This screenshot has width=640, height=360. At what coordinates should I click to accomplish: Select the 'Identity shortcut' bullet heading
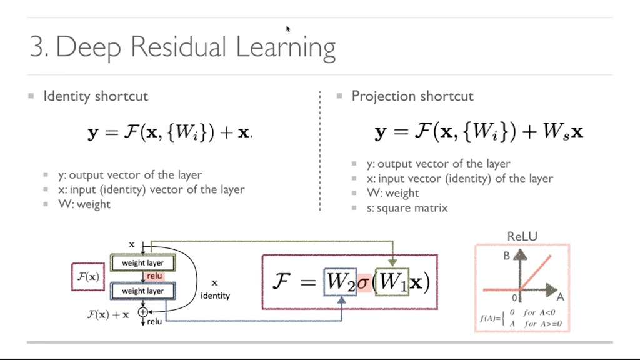point(95,96)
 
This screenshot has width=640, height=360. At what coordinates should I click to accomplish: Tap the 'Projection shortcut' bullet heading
point(412,96)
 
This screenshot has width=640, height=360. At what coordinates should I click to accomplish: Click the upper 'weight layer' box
point(142,263)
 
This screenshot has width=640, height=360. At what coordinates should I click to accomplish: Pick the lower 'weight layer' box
point(142,291)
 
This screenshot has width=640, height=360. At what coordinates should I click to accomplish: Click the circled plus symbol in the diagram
point(143,311)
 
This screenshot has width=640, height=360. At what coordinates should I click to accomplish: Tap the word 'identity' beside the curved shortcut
point(215,296)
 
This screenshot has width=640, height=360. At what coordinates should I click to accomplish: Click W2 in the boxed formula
point(340,282)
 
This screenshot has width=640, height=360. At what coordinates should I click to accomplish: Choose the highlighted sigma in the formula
point(364,282)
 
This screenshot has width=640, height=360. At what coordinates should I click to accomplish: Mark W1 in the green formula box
point(392,282)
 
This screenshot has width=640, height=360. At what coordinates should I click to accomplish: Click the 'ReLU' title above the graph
point(522,236)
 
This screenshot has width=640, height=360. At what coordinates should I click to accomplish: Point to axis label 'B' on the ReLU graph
point(507,256)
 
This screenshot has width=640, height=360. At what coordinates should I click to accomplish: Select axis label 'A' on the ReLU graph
point(560,296)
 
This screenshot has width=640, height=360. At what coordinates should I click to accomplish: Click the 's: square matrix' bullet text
point(407,208)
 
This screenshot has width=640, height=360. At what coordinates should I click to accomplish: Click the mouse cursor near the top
point(288,29)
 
